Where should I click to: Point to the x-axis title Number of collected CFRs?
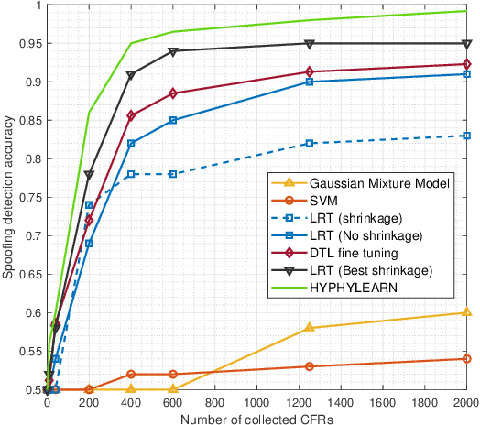[x=256, y=418]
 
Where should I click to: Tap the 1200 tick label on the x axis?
[x=299, y=402]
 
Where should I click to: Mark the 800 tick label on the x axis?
[x=215, y=402]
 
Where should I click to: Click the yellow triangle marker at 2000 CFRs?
[x=466, y=312]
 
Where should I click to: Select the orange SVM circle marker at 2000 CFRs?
[x=466, y=359]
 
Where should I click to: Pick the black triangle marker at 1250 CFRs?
[x=310, y=44]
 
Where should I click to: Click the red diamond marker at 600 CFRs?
[x=173, y=93]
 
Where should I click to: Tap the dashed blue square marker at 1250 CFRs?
[x=310, y=144]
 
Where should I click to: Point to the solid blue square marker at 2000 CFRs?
[x=466, y=74]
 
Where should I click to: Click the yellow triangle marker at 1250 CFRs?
[x=310, y=327]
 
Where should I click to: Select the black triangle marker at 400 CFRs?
[x=132, y=75]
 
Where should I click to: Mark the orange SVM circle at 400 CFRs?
[x=132, y=374]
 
